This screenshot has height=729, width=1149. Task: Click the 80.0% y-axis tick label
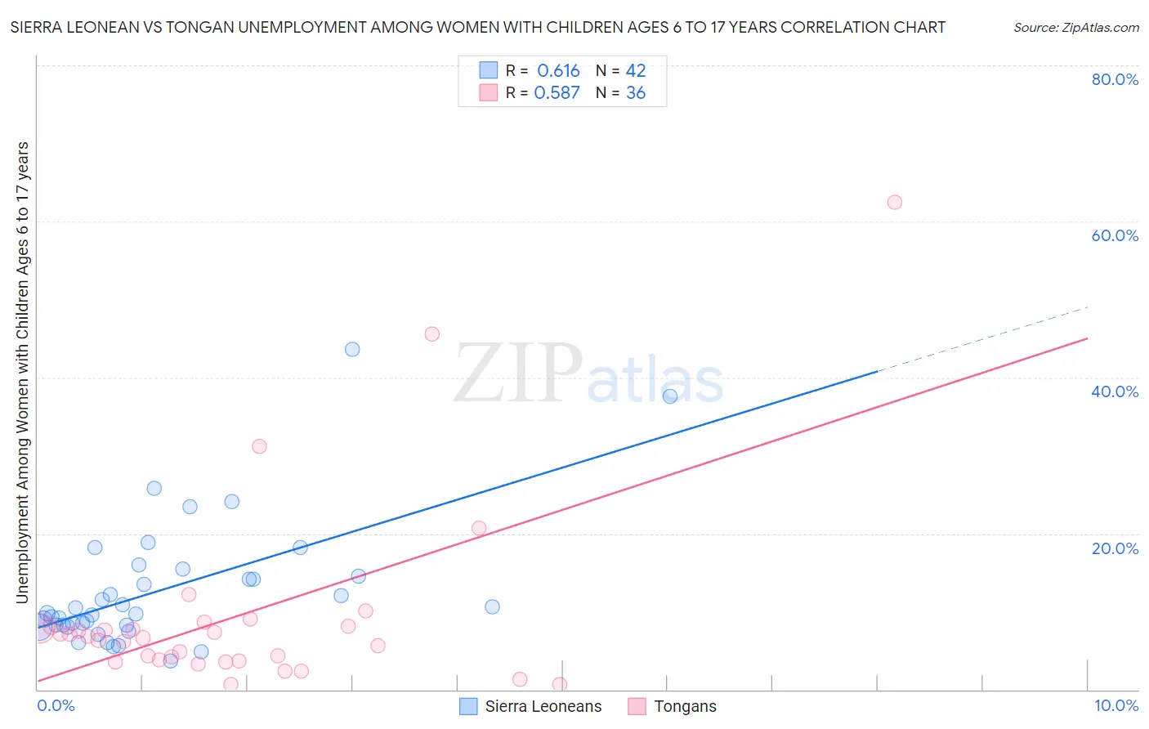tap(1115, 79)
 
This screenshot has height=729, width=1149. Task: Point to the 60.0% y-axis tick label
tap(1115, 235)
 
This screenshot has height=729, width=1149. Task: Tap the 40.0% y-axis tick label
tap(1115, 391)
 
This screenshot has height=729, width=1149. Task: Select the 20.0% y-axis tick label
tap(1115, 548)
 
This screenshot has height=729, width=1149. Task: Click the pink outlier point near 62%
tap(895, 202)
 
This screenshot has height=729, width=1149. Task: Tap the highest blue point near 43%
tap(352, 349)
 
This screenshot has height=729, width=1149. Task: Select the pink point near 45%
tap(432, 333)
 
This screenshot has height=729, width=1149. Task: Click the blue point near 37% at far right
tap(670, 396)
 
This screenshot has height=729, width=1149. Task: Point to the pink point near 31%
tap(259, 446)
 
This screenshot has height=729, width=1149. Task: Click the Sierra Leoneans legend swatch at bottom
tap(468, 706)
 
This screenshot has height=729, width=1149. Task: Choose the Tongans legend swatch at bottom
tap(637, 706)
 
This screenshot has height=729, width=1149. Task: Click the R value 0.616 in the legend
tap(558, 71)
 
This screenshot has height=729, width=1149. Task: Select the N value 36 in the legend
tap(636, 93)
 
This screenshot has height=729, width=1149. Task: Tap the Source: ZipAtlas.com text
tap(1075, 28)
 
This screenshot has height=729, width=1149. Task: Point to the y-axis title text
tap(23, 372)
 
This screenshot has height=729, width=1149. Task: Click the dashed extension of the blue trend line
tap(981, 339)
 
